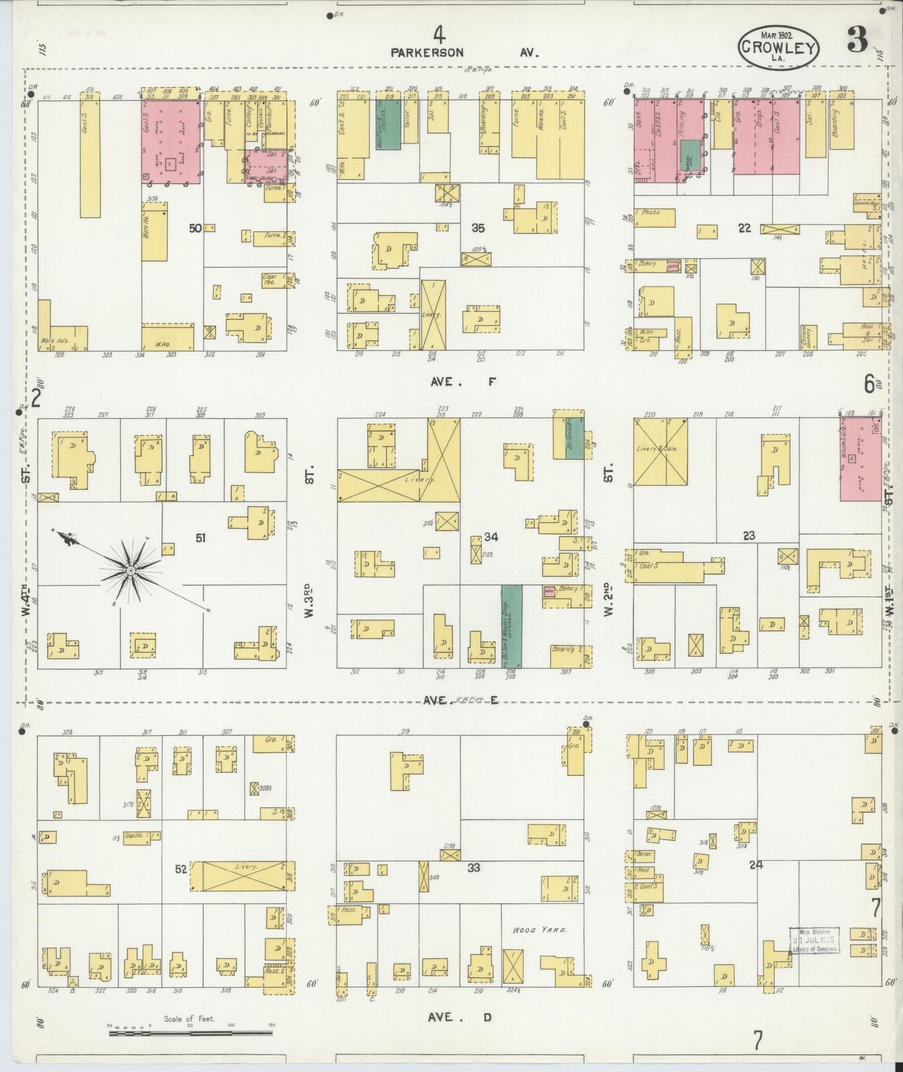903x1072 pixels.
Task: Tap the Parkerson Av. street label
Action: click(464, 53)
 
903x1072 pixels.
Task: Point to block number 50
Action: click(196, 228)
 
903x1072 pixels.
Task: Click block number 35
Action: click(478, 228)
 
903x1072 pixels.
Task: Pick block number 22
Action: click(744, 228)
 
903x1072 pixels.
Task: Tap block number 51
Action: click(201, 538)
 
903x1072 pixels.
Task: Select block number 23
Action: click(749, 535)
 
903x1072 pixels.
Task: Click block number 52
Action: click(181, 869)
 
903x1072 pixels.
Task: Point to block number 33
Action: click(474, 867)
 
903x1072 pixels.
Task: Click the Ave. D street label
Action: click(460, 1018)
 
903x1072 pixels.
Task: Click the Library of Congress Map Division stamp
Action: click(814, 941)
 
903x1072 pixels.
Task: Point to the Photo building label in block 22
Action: click(651, 213)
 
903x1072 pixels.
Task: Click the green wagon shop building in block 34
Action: click(512, 626)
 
